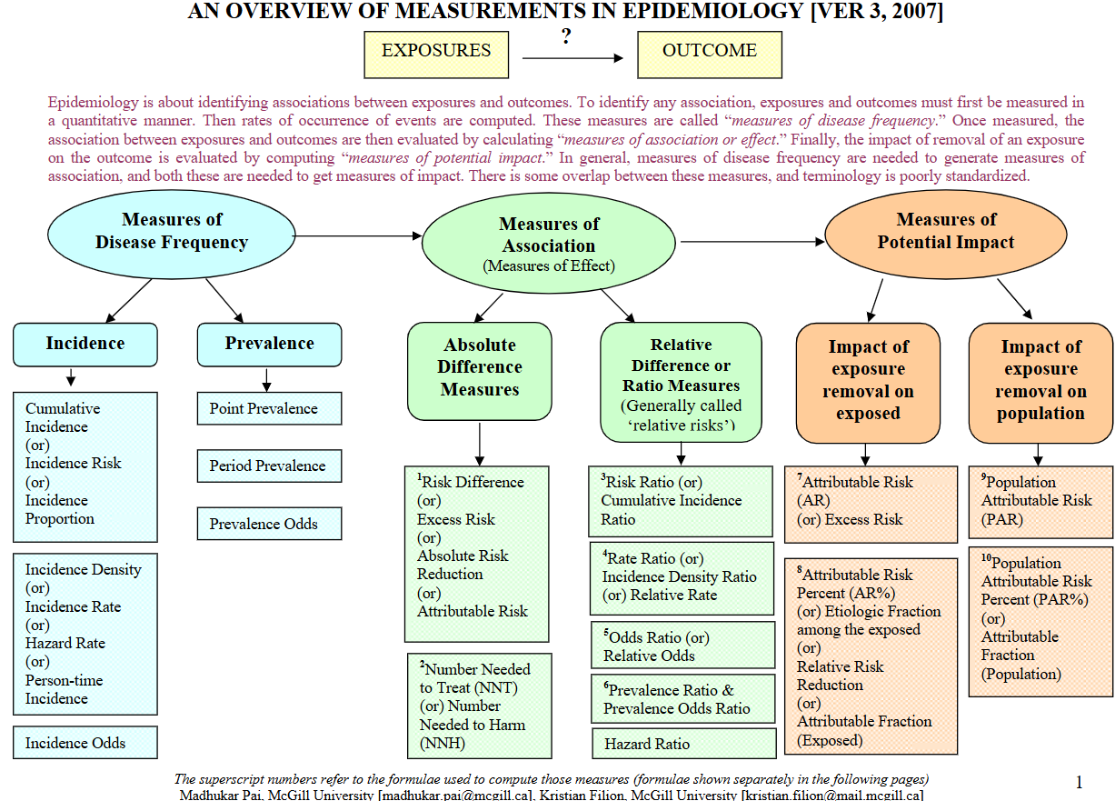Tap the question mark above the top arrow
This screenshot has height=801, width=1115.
click(566, 37)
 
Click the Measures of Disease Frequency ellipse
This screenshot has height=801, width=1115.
click(172, 234)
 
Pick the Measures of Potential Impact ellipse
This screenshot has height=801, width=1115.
click(946, 233)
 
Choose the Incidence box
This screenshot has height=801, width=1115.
click(85, 345)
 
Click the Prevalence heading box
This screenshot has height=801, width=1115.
click(270, 345)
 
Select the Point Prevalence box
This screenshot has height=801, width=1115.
click(269, 409)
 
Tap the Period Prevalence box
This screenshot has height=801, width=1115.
click(269, 466)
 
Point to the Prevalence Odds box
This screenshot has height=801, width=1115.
click(269, 524)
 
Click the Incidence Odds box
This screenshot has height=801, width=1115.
click(85, 743)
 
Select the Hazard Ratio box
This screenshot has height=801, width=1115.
click(683, 744)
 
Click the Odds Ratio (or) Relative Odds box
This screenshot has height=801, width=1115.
click(682, 646)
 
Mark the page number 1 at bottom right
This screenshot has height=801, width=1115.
click(1080, 782)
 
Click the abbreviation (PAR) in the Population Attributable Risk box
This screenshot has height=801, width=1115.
click(1002, 520)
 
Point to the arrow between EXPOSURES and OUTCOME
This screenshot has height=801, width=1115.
click(573, 58)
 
